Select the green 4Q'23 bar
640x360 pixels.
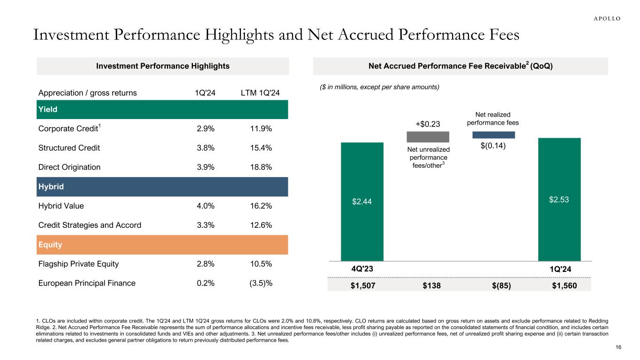362,202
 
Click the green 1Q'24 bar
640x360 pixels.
559,199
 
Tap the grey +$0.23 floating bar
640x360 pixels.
428,137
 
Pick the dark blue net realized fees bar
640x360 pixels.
493,135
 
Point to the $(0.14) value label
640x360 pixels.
493,146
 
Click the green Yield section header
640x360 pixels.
162,109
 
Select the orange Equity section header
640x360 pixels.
162,245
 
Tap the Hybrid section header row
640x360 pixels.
162,187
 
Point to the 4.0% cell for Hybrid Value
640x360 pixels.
204,206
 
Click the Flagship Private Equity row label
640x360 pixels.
79,264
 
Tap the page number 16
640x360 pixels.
617,347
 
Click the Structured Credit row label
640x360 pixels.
69,148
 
